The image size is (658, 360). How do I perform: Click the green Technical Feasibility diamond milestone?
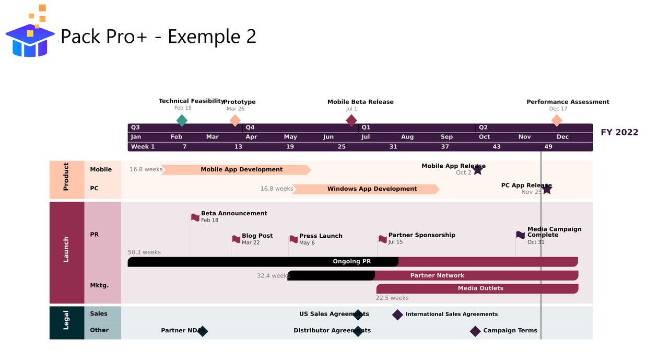pyautogui.click(x=182, y=121)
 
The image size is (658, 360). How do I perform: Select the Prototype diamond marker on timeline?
pyautogui.click(x=235, y=121)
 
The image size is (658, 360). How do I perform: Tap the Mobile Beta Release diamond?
pyautogui.click(x=351, y=121)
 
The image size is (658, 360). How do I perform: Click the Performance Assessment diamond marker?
pyautogui.click(x=557, y=121)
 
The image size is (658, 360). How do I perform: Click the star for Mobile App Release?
pyautogui.click(x=477, y=170)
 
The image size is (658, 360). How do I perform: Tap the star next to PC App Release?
pyautogui.click(x=547, y=189)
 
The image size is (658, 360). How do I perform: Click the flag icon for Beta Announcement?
pyautogui.click(x=195, y=217)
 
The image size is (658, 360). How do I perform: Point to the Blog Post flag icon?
pyautogui.click(x=236, y=239)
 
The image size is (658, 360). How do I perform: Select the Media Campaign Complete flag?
pyautogui.click(x=521, y=235)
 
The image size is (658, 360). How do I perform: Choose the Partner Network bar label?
pyautogui.click(x=437, y=275)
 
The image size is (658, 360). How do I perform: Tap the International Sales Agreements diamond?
pyautogui.click(x=397, y=315)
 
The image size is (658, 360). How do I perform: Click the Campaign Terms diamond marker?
pyautogui.click(x=475, y=331)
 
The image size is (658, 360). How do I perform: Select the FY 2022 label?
pyautogui.click(x=619, y=133)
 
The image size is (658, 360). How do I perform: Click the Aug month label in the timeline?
pyautogui.click(x=407, y=137)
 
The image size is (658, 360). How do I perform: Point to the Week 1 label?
pyautogui.click(x=143, y=147)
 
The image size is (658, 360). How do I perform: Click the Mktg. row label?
pyautogui.click(x=99, y=285)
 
